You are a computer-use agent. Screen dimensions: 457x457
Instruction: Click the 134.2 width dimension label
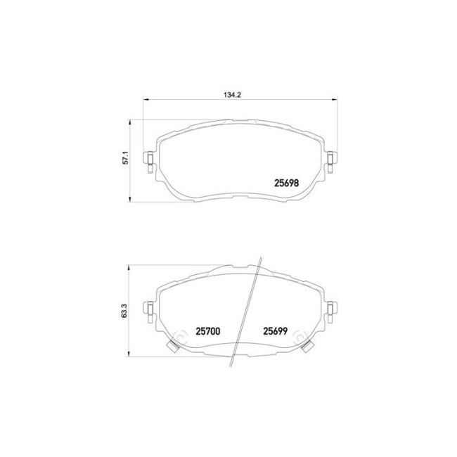(x=232, y=95)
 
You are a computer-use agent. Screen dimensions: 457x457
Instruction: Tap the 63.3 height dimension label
(x=124, y=310)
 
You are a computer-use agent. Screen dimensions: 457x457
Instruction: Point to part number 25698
(x=286, y=183)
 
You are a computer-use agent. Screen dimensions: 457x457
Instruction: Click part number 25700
(x=208, y=331)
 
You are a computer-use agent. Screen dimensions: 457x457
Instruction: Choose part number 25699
(x=276, y=331)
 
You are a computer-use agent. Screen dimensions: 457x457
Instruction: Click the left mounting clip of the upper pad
(x=148, y=162)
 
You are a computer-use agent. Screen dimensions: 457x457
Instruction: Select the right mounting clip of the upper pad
(x=331, y=162)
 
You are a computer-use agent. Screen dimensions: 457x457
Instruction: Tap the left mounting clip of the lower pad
(x=149, y=312)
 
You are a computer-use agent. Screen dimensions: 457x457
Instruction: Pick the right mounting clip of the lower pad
(x=331, y=312)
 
